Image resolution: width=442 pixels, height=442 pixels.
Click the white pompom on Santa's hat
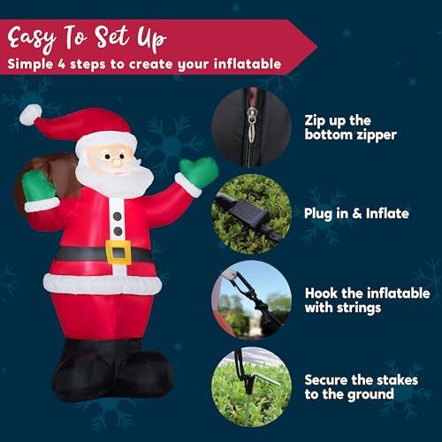30,115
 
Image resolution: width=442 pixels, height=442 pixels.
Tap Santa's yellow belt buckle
118,252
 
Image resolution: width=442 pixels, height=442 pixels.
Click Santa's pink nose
117,163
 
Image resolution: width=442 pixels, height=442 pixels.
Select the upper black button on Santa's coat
118,217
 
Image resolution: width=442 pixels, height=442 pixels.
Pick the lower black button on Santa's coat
118,232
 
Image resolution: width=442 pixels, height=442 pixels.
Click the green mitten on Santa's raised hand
200,171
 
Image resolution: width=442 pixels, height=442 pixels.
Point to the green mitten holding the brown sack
38,187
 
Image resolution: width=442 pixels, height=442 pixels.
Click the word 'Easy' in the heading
31,39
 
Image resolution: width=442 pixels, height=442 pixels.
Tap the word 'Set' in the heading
111,37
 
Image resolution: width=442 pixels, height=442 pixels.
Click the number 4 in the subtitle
61,65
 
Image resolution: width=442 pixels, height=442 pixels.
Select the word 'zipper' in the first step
377,136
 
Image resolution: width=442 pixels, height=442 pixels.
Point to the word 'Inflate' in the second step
387,213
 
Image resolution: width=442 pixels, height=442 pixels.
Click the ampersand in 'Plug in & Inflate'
357,214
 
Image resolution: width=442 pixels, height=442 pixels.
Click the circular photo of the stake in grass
251,386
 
